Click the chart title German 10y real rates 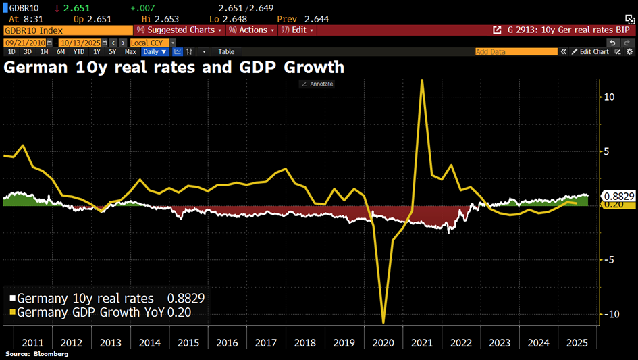coord(174,68)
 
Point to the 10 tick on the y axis coord(609,97)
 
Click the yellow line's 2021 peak coord(422,80)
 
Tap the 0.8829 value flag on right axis coord(618,196)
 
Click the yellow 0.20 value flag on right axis coord(614,205)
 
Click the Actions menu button coord(252,30)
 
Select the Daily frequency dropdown coord(153,51)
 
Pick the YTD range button coord(79,51)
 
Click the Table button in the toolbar coord(226,51)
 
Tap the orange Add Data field coord(516,51)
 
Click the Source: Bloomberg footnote coord(37,354)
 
